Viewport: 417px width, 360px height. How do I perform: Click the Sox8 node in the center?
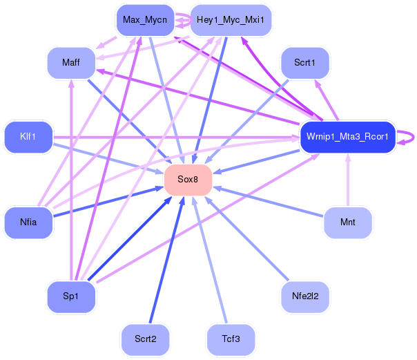point(188,180)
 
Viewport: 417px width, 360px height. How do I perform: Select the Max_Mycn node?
point(145,20)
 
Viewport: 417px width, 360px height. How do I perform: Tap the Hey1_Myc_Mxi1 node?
point(231,20)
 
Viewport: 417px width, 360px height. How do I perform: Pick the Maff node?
point(71,63)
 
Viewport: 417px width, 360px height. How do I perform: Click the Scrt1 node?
point(305,63)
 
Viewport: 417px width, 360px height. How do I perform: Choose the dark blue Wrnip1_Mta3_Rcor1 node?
point(348,137)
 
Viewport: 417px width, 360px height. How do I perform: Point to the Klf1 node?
point(28,137)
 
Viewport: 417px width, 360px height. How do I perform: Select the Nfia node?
point(28,222)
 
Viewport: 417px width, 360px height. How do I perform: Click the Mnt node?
point(348,222)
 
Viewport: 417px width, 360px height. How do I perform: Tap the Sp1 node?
point(71,296)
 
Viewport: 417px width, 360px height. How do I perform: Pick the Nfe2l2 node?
point(305,296)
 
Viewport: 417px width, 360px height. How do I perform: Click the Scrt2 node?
point(145,339)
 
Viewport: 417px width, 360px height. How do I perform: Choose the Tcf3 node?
point(231,339)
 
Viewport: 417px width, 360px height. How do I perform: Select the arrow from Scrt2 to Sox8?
point(167,260)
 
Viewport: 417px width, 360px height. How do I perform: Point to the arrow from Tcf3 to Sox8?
point(210,260)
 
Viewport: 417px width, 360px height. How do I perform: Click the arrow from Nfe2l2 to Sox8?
point(246,238)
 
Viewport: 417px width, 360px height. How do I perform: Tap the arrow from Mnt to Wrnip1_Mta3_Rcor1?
point(348,180)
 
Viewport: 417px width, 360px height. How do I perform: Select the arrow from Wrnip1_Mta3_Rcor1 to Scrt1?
point(327,100)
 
